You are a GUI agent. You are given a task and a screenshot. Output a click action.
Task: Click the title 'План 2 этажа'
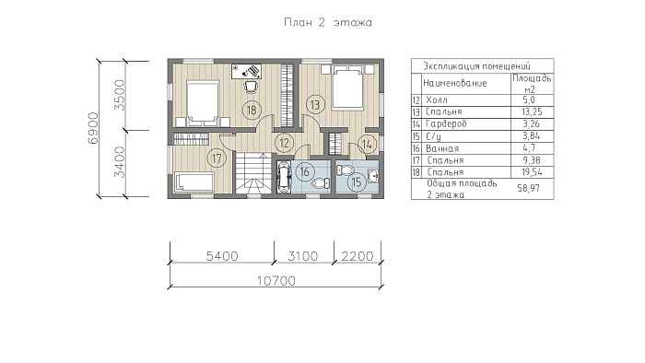328,23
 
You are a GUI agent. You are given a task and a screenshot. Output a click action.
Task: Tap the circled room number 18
252,110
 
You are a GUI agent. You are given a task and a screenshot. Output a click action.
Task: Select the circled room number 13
315,104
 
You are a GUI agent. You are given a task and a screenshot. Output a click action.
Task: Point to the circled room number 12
284,143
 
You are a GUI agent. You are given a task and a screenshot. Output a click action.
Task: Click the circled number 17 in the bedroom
217,158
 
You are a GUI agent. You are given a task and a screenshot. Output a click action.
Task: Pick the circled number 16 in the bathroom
304,171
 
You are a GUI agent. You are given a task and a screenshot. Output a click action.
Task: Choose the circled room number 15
357,181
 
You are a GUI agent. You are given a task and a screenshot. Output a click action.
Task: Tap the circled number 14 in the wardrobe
368,145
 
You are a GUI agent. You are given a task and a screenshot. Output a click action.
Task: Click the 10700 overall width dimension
276,281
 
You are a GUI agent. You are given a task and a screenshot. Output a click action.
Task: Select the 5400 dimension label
222,256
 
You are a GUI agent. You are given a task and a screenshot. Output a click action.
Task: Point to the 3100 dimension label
303,256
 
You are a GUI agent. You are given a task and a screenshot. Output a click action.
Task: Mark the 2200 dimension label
358,256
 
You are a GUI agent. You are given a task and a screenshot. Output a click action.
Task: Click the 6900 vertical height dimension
94,128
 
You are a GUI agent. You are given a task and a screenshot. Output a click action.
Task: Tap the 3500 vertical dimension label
119,96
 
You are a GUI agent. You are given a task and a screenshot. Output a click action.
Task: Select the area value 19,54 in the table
532,172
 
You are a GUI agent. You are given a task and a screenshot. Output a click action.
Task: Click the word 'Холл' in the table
437,100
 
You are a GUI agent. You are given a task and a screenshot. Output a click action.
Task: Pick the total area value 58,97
528,188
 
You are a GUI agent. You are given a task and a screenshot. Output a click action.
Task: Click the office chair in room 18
251,86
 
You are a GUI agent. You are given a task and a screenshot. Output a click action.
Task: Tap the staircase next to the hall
253,172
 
